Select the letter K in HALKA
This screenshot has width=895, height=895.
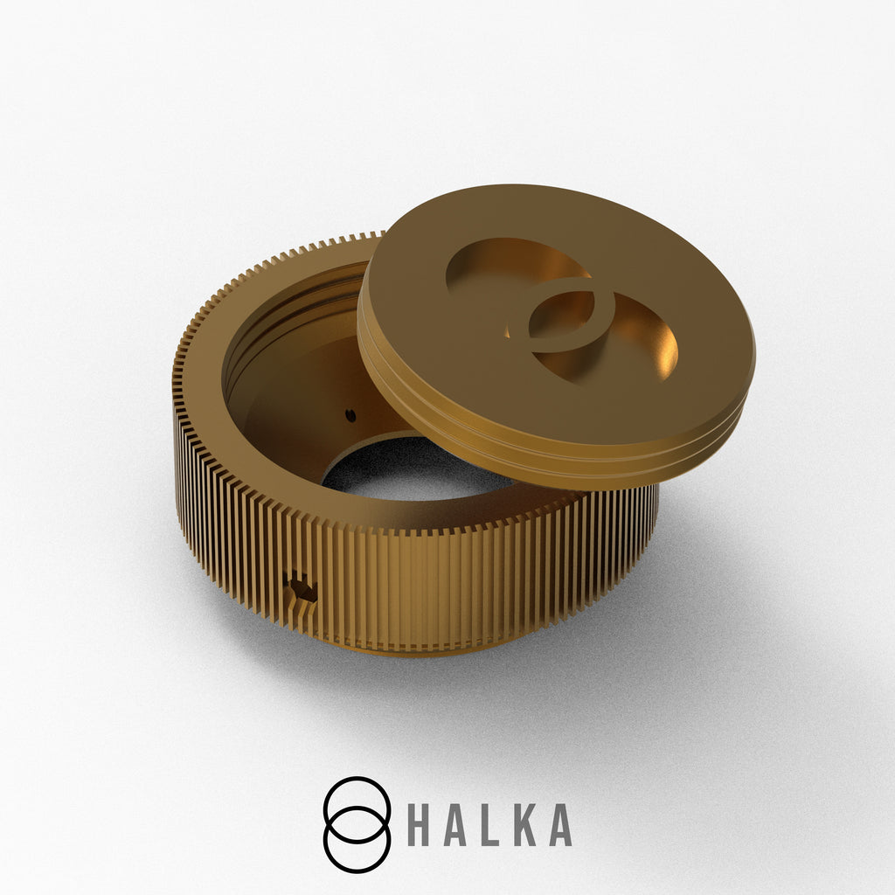(x=525, y=825)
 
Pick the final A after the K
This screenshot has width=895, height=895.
(x=560, y=825)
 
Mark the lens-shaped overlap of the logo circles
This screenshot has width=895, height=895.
(x=357, y=825)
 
